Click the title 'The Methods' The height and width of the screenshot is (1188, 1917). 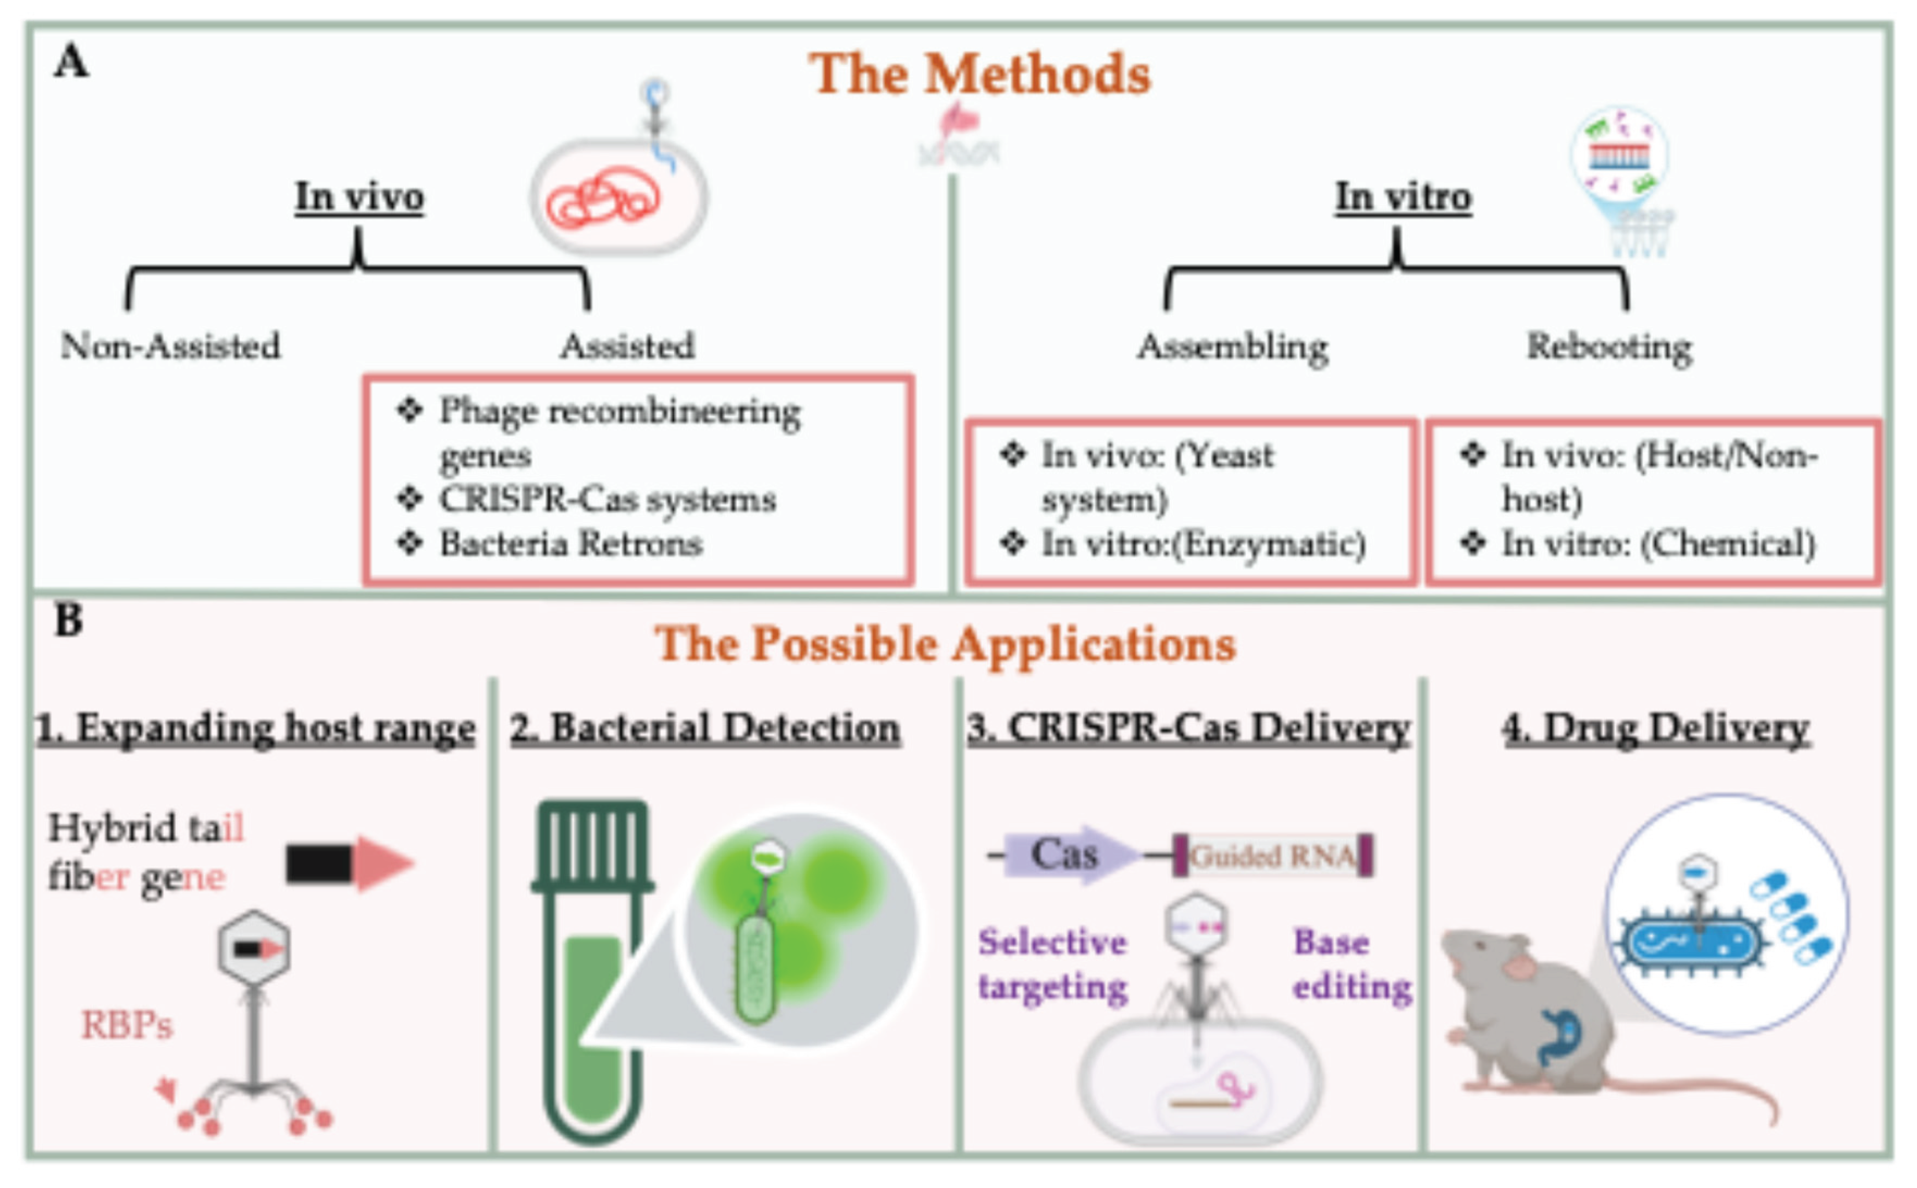click(x=979, y=74)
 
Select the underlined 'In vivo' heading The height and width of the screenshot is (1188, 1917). click(x=359, y=196)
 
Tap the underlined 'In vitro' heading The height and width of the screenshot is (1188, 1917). click(x=1403, y=196)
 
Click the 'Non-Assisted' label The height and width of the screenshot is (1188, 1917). click(x=170, y=346)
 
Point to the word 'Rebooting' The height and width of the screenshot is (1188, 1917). click(x=1608, y=346)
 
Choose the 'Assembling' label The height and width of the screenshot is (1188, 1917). click(x=1232, y=346)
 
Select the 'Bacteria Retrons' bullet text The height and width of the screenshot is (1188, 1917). click(x=570, y=544)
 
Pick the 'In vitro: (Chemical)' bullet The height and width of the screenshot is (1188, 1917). click(x=1658, y=544)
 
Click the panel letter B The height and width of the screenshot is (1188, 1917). click(x=69, y=621)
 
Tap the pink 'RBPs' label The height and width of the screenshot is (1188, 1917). click(x=127, y=1026)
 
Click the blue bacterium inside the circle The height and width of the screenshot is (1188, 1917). click(x=1689, y=943)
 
